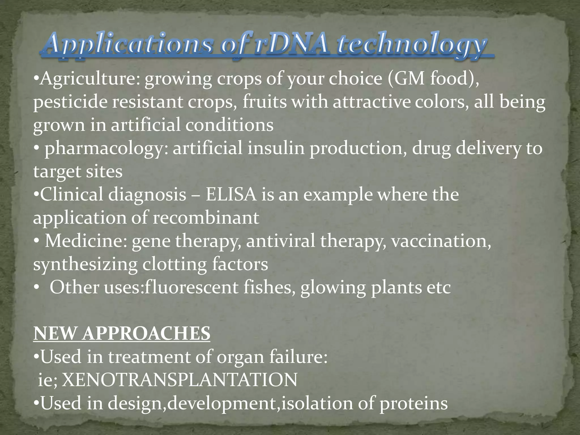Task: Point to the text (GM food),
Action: pyautogui.click(x=433, y=79)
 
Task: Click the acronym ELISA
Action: pyautogui.click(x=231, y=195)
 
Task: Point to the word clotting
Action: pyautogui.click(x=174, y=265)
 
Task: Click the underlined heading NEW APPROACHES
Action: pyautogui.click(x=122, y=334)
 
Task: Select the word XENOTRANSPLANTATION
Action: pyautogui.click(x=180, y=380)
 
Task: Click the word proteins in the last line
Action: pyautogui.click(x=413, y=404)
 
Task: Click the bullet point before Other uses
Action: pyautogui.click(x=36, y=288)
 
